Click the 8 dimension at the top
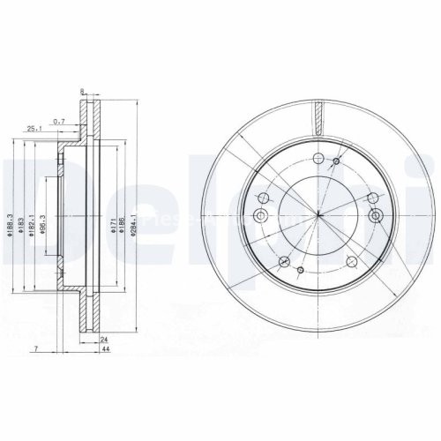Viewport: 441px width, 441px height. click(81, 91)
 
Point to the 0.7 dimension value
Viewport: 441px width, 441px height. click(59, 120)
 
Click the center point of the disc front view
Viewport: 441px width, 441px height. click(317, 215)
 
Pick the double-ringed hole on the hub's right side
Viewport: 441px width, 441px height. click(376, 215)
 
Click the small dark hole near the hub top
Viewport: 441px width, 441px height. click(335, 162)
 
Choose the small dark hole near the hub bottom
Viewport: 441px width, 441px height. click(300, 269)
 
